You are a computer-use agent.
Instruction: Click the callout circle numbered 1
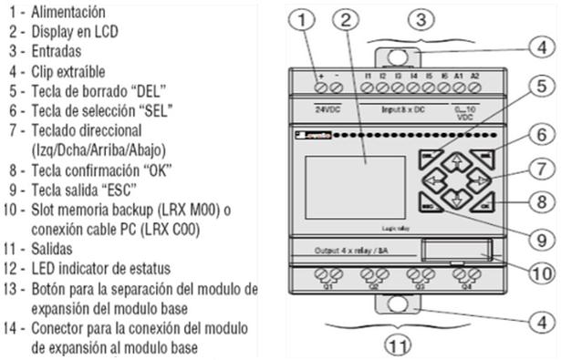(306, 19)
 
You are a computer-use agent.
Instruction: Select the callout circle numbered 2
(344, 19)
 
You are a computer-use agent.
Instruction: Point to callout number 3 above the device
(419, 18)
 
